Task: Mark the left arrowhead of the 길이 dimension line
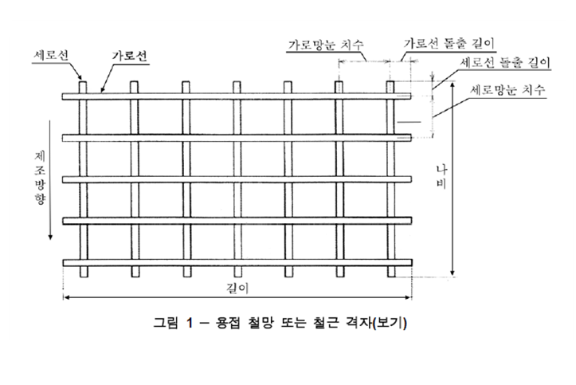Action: tap(68, 298)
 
